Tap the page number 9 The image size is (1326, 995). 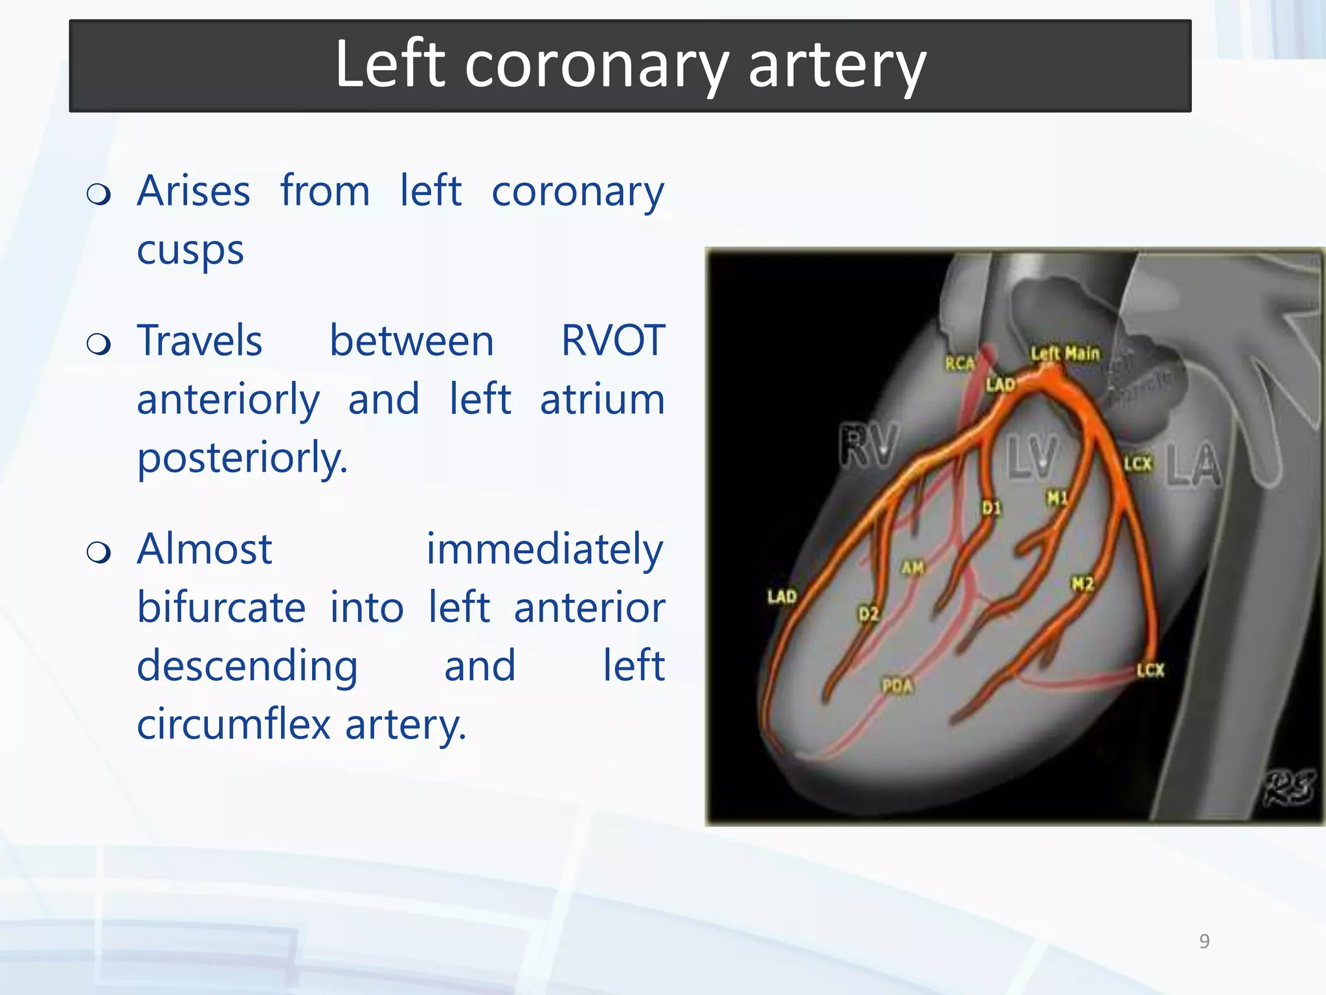coord(1204,941)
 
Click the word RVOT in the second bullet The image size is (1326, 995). coord(612,341)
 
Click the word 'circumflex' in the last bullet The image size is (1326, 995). coord(234,724)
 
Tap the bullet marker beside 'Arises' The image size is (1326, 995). coord(98,194)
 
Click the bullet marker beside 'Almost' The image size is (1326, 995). coord(98,552)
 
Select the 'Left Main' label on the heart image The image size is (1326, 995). coord(1065,354)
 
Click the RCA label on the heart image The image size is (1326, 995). coord(959,363)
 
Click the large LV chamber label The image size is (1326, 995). coord(1032,457)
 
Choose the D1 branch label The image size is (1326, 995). coord(991,508)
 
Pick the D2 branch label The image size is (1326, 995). coord(868,613)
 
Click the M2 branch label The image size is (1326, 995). coord(1083,584)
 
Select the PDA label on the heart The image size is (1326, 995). coord(897,685)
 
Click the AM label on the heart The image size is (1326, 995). coord(913,568)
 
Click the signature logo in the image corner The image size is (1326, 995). coord(1289,788)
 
